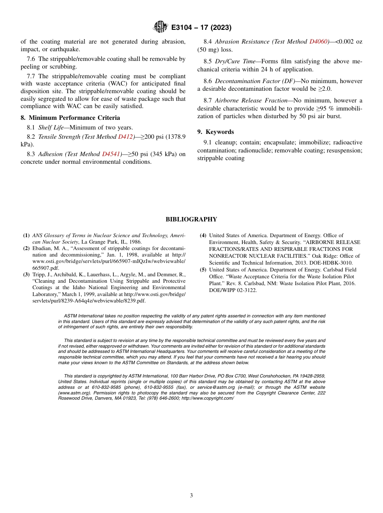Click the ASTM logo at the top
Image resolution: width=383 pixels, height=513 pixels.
(160, 27)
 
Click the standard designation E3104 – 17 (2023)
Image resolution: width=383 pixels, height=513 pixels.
(201, 27)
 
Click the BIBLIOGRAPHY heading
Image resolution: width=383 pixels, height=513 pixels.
(191, 219)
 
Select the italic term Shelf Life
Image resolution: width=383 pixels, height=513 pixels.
(51, 127)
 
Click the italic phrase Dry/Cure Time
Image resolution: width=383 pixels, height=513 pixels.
(235, 61)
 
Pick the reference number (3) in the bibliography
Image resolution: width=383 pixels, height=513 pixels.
(26, 275)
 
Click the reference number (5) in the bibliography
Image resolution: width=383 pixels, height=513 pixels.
(203, 270)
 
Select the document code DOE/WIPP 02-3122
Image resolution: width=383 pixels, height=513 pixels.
(233, 290)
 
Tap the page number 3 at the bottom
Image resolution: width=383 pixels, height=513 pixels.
(191, 496)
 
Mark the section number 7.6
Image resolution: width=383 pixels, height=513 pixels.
(33, 59)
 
